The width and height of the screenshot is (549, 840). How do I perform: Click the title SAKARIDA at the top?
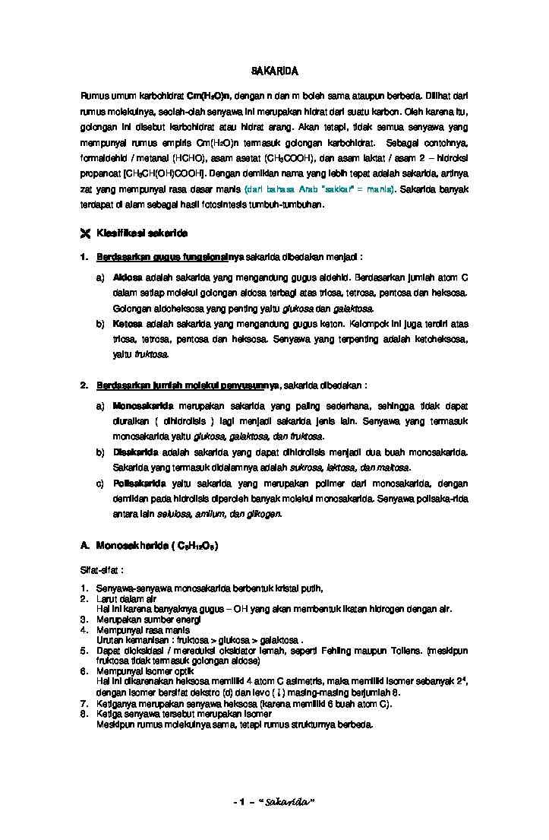[x=274, y=71]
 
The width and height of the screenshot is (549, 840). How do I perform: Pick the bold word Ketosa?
[x=127, y=324]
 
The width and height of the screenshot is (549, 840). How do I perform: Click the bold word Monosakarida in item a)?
[x=142, y=406]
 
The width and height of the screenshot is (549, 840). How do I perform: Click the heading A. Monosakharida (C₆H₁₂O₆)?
[x=148, y=546]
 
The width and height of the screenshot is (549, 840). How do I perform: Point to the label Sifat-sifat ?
[x=102, y=569]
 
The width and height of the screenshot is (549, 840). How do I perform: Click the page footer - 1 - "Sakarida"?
[x=274, y=803]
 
